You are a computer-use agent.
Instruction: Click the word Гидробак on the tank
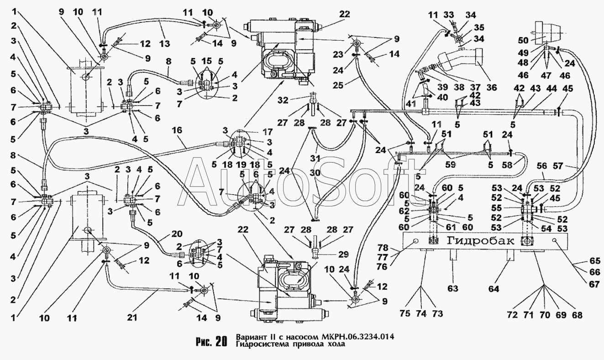click(x=480, y=240)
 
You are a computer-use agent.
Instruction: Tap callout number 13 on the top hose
click(x=165, y=43)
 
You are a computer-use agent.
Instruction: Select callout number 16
click(x=177, y=130)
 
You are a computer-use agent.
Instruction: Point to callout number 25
click(x=337, y=85)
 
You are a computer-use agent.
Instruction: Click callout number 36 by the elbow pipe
click(x=492, y=87)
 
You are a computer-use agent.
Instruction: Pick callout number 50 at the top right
click(x=523, y=41)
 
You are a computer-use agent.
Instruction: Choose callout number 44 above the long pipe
click(x=551, y=89)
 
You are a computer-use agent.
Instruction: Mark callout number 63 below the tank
click(x=453, y=288)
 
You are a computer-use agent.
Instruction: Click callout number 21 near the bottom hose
click(x=132, y=318)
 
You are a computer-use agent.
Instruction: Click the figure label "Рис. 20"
click(x=211, y=342)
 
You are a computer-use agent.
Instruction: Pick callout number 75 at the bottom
click(x=405, y=313)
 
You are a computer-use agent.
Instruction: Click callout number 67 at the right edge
click(x=594, y=284)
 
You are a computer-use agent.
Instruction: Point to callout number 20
click(x=177, y=234)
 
